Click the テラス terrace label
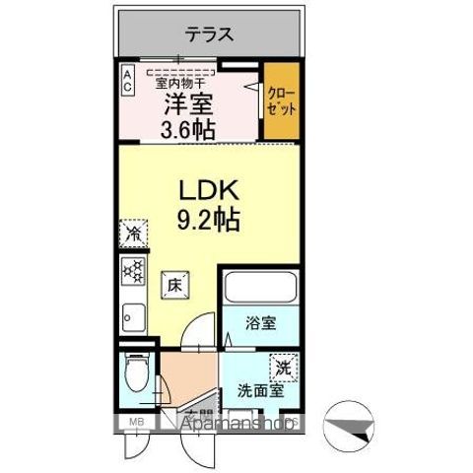[209, 35]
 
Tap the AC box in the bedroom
[129, 80]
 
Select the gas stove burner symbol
[131, 270]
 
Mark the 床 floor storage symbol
[171, 285]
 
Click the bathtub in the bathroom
[259, 290]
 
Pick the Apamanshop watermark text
[236, 425]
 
